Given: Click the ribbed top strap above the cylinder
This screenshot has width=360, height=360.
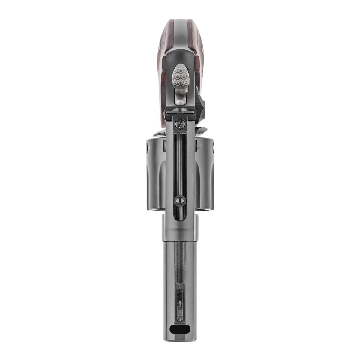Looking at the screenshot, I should pos(180,168).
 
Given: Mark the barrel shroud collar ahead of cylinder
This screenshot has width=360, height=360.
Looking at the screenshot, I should pos(180,225).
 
